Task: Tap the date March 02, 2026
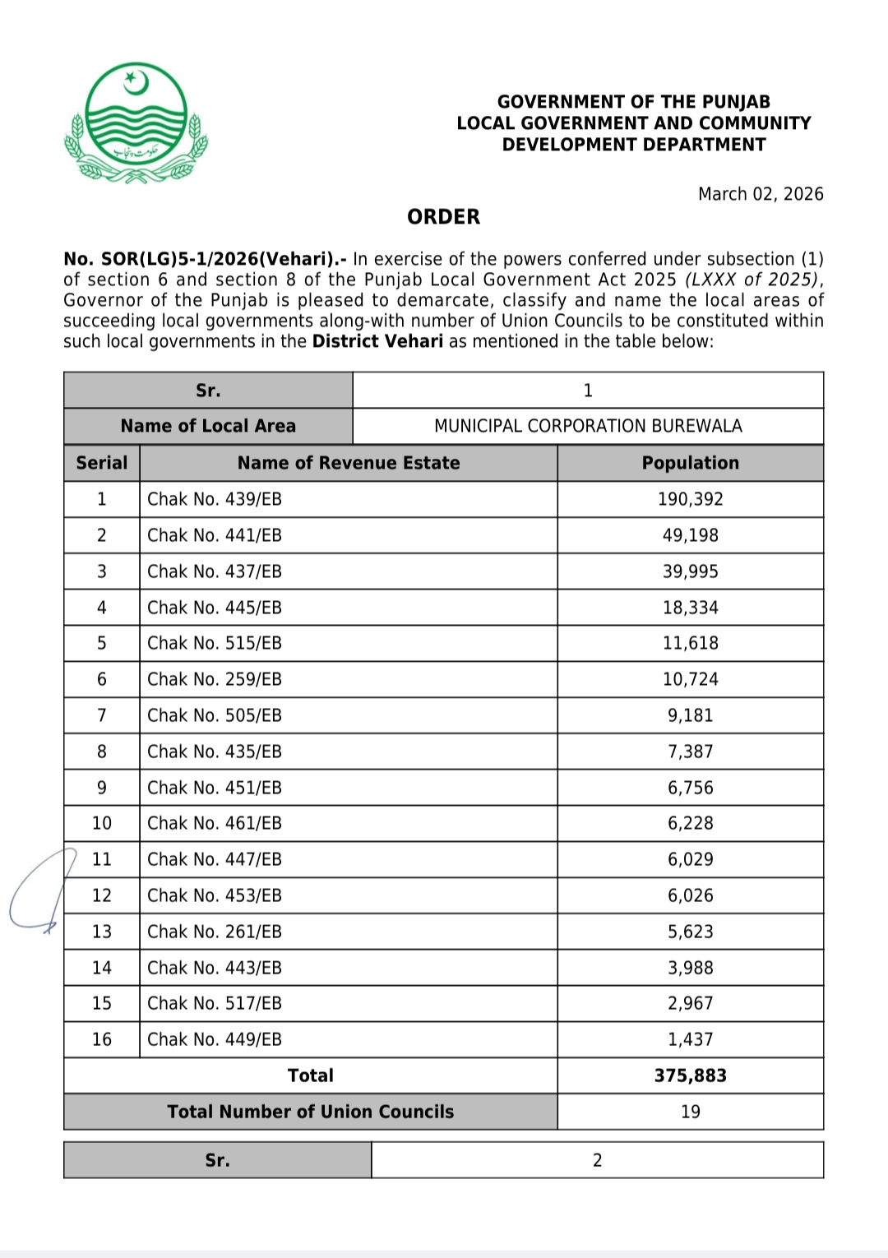[760, 194]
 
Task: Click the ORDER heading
[443, 217]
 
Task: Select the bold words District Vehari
[377, 341]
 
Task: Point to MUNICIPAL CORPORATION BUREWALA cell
[588, 426]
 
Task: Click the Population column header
[690, 463]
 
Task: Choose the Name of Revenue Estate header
[349, 463]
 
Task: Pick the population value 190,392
[690, 499]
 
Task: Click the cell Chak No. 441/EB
[215, 535]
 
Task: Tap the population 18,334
[690, 608]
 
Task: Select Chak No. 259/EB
[215, 679]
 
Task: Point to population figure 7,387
[690, 752]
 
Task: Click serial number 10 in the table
[102, 823]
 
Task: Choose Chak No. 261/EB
[215, 932]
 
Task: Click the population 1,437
[690, 1039]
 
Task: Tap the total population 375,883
[690, 1075]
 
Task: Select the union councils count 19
[690, 1112]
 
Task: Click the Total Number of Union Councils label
[311, 1112]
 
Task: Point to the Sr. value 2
[597, 1160]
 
